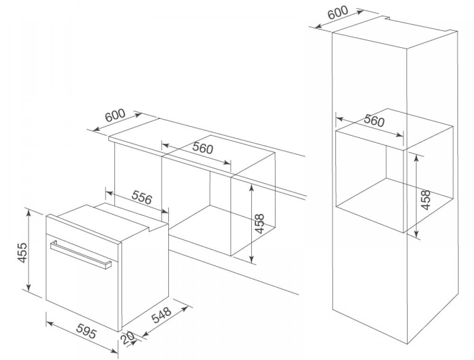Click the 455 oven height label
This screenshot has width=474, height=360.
(19, 252)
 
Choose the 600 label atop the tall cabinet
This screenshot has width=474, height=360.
(337, 13)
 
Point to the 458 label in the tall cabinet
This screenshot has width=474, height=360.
(426, 200)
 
